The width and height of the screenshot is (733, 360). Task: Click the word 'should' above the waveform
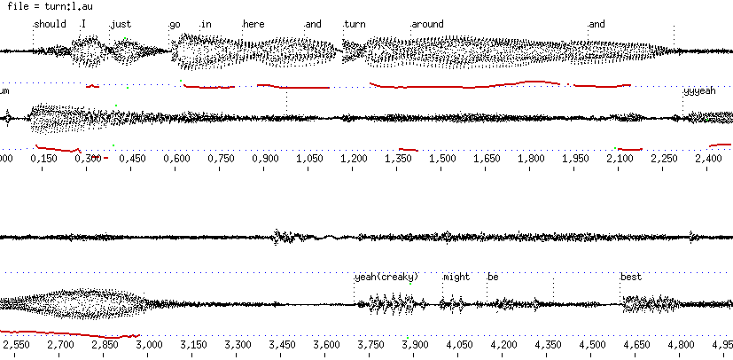[x=50, y=24]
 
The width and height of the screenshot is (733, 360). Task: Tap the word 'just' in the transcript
[x=121, y=24]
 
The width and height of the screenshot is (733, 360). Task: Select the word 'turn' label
[x=355, y=24]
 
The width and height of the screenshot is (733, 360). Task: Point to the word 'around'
[x=427, y=24]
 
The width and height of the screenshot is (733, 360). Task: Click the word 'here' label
[x=253, y=24]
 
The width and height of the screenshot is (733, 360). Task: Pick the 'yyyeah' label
[x=699, y=91]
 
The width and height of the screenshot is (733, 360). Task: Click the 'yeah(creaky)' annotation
[x=386, y=277]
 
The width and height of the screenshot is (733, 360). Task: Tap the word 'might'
[x=456, y=277]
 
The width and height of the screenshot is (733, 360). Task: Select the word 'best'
[x=630, y=277]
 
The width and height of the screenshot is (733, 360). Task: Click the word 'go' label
[x=175, y=24]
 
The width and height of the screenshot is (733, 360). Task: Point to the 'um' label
[x=4, y=91]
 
